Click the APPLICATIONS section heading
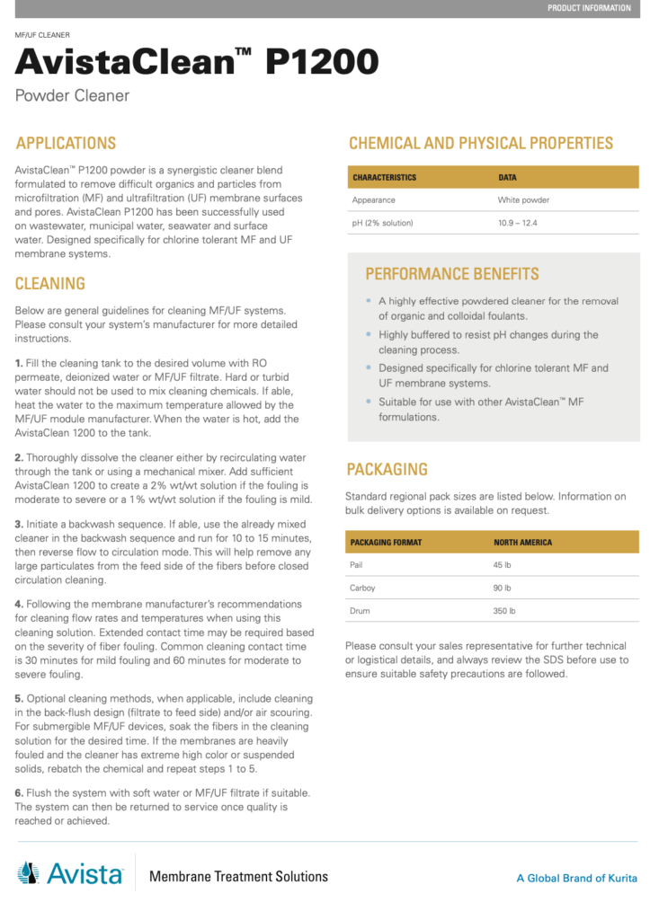coord(66,143)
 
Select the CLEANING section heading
coord(50,284)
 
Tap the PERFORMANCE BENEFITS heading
coord(452,274)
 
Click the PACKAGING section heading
coord(387,469)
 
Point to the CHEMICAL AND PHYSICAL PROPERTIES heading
coord(481,143)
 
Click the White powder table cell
coord(523,199)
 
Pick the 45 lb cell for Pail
coord(503,565)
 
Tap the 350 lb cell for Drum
coord(505,611)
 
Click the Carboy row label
coord(363,588)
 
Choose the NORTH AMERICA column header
coord(523,543)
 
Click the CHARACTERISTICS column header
coord(384,177)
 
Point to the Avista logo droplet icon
coord(29,872)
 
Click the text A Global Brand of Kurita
coord(576,878)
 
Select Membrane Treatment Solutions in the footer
coord(238,876)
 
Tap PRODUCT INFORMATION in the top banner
coord(589,8)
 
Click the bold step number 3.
coord(19,523)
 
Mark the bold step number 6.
coord(19,792)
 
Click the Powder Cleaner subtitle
coord(73,95)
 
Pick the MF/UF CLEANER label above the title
coord(43,34)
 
